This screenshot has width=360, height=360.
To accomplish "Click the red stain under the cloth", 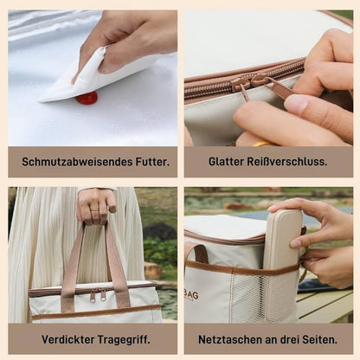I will point(87,98).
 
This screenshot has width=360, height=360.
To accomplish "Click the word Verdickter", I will point(68,339).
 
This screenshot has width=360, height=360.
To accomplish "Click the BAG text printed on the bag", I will point(191,295).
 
